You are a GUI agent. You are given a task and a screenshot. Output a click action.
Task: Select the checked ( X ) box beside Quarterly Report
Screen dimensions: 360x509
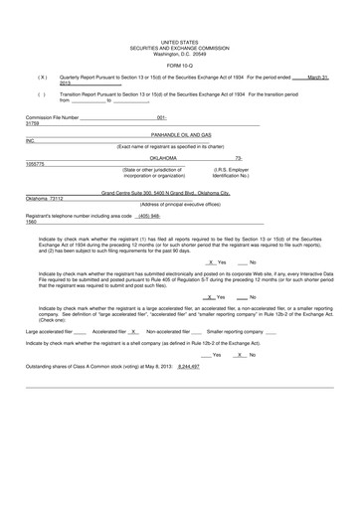click(42, 77)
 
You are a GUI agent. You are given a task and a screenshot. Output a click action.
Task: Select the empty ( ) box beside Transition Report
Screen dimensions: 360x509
click(42, 93)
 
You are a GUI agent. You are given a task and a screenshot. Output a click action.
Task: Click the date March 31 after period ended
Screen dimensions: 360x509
click(317, 77)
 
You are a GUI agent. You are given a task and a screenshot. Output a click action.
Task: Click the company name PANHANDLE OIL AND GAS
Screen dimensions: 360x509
click(180, 133)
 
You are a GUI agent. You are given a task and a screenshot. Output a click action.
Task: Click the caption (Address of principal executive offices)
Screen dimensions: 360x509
click(180, 204)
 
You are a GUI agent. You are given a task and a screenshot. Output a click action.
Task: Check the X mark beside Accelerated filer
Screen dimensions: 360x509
click(133, 330)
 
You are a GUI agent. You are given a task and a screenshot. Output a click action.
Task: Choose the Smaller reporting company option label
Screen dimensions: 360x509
click(235, 330)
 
